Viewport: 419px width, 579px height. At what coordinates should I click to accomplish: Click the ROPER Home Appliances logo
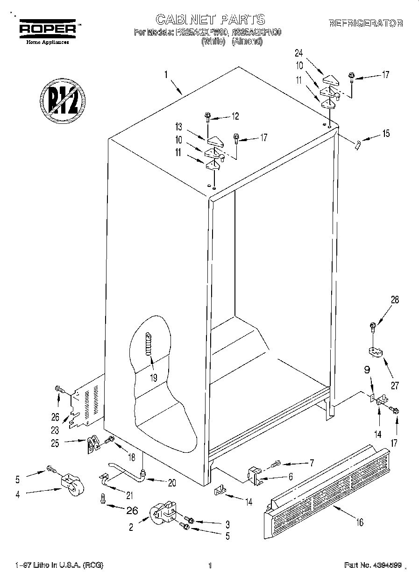click(x=47, y=31)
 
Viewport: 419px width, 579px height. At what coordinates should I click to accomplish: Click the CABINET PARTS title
click(x=210, y=19)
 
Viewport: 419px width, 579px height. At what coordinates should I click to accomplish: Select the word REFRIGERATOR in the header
click(x=366, y=23)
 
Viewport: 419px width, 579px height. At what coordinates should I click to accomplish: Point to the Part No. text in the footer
click(x=372, y=565)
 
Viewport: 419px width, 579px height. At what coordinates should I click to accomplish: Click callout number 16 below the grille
click(x=359, y=522)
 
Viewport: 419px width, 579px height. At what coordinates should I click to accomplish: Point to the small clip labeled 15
click(x=358, y=144)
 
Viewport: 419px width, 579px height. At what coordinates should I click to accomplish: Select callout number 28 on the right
click(x=395, y=300)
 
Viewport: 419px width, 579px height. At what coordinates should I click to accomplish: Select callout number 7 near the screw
click(x=309, y=463)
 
